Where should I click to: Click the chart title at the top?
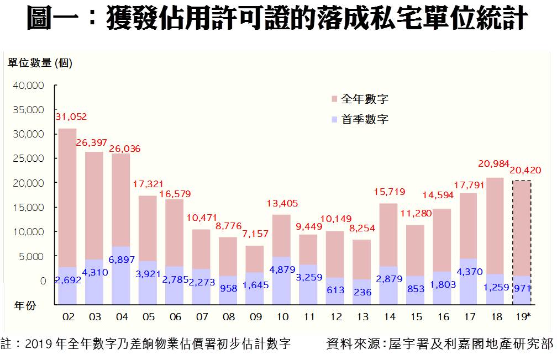pos(278,19)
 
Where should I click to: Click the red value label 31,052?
pos(71,117)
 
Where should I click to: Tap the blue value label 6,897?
pos(120,260)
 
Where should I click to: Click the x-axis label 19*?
pos(523,317)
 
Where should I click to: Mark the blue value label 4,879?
pos(282,271)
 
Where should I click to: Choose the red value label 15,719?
pos(389,192)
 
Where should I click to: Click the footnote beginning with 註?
pos(146,345)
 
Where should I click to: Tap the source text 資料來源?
pos(439,345)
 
